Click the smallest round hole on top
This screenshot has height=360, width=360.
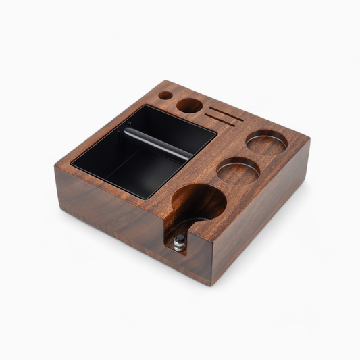pyautogui.click(x=164, y=96)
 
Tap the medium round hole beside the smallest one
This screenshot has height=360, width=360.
pyautogui.click(x=190, y=105)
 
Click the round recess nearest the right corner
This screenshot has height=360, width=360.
pyautogui.click(x=264, y=143)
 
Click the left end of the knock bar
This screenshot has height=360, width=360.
pyautogui.click(x=126, y=131)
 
